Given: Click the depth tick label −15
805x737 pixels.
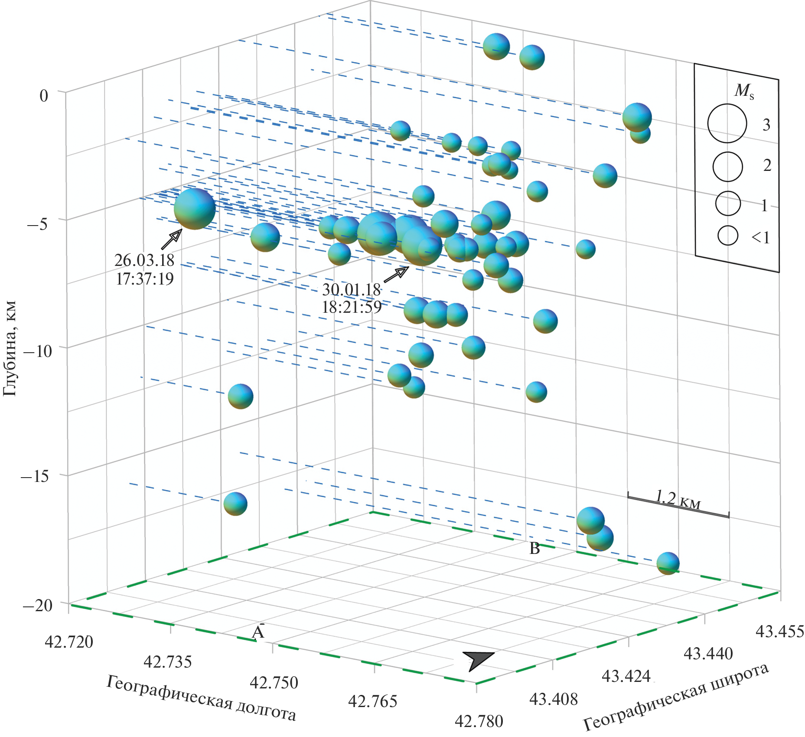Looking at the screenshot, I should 35,476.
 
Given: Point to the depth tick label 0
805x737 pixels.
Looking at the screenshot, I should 44,95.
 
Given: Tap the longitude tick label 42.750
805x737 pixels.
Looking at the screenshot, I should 274,683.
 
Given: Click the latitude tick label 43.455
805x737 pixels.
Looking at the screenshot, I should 779,632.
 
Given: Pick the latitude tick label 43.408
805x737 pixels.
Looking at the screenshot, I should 554,699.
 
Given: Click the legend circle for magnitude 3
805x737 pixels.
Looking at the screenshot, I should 727,124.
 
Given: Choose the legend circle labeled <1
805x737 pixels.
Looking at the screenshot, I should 727,236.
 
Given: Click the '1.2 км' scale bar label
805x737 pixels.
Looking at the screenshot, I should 678,498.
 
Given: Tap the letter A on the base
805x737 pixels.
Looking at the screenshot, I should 258,632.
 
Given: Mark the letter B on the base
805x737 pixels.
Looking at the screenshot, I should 534,549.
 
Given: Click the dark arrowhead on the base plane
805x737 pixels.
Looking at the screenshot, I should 477,660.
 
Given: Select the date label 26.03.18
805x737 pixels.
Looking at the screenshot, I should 144,260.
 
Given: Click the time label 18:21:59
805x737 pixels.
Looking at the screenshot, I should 352,307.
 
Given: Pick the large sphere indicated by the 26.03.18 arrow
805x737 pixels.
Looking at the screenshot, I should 195,209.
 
